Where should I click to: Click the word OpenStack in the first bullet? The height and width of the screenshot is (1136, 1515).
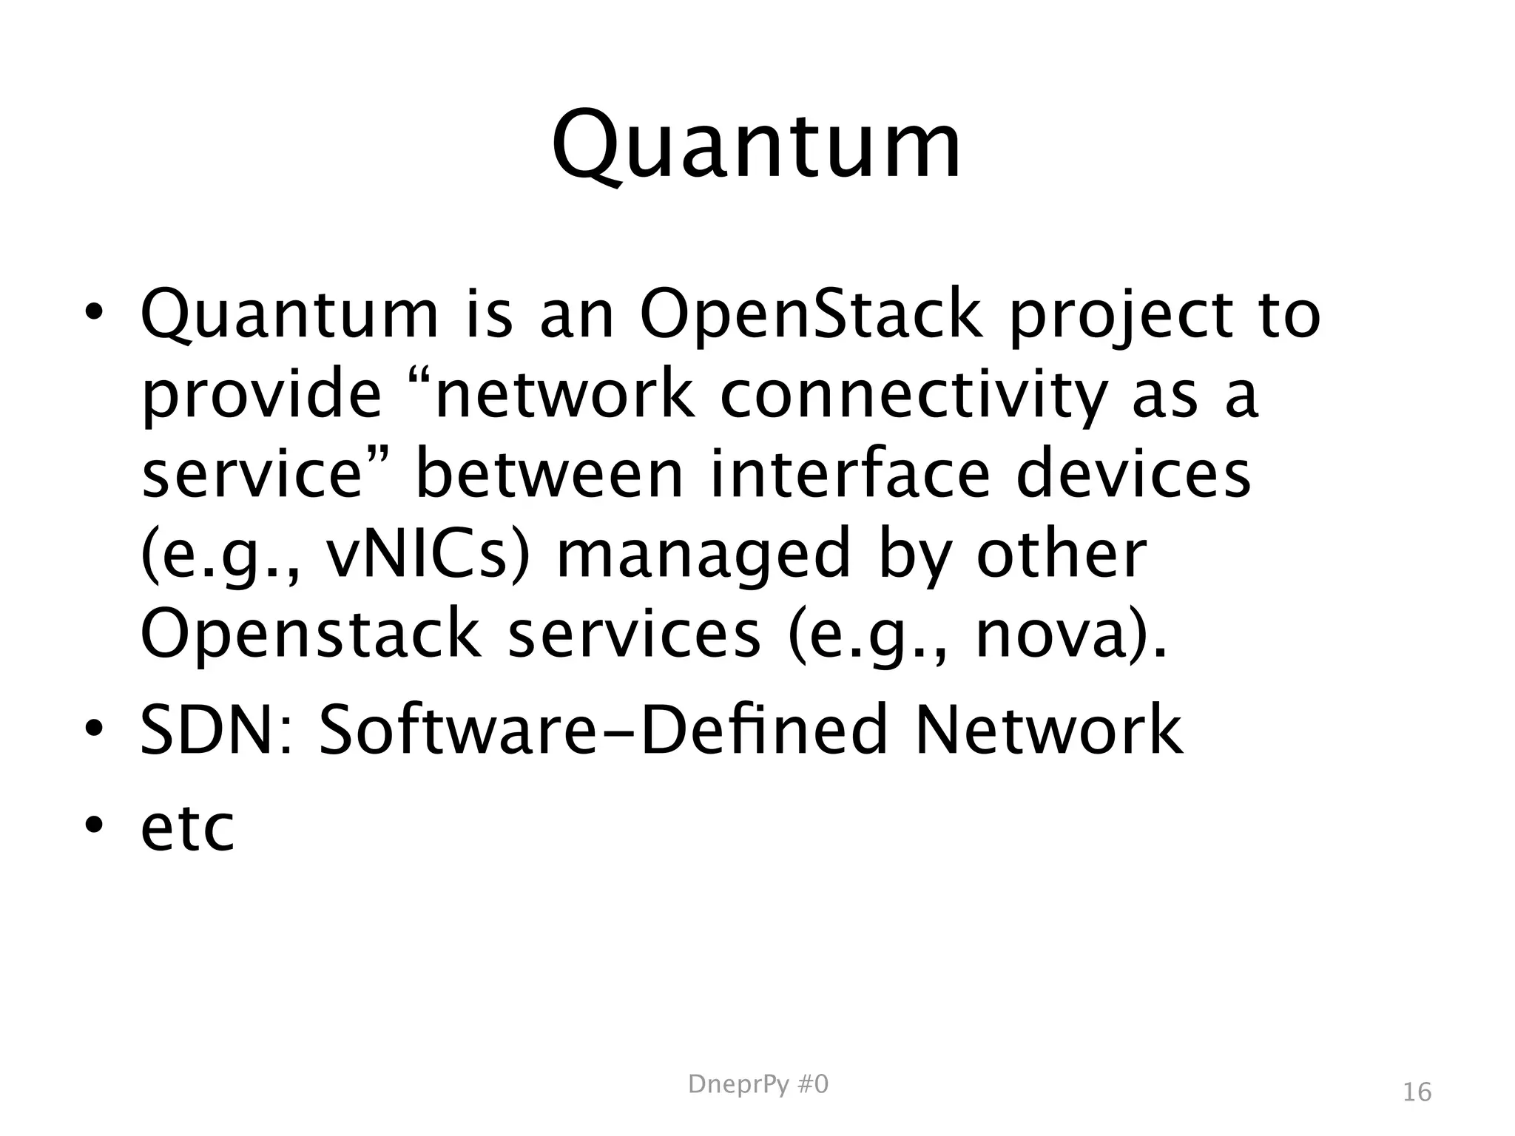(811, 316)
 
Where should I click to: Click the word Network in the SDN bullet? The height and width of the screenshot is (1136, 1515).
(1048, 731)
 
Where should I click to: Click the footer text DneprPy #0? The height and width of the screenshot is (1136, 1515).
(758, 1084)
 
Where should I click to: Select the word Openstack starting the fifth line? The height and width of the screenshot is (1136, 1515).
(310, 635)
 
